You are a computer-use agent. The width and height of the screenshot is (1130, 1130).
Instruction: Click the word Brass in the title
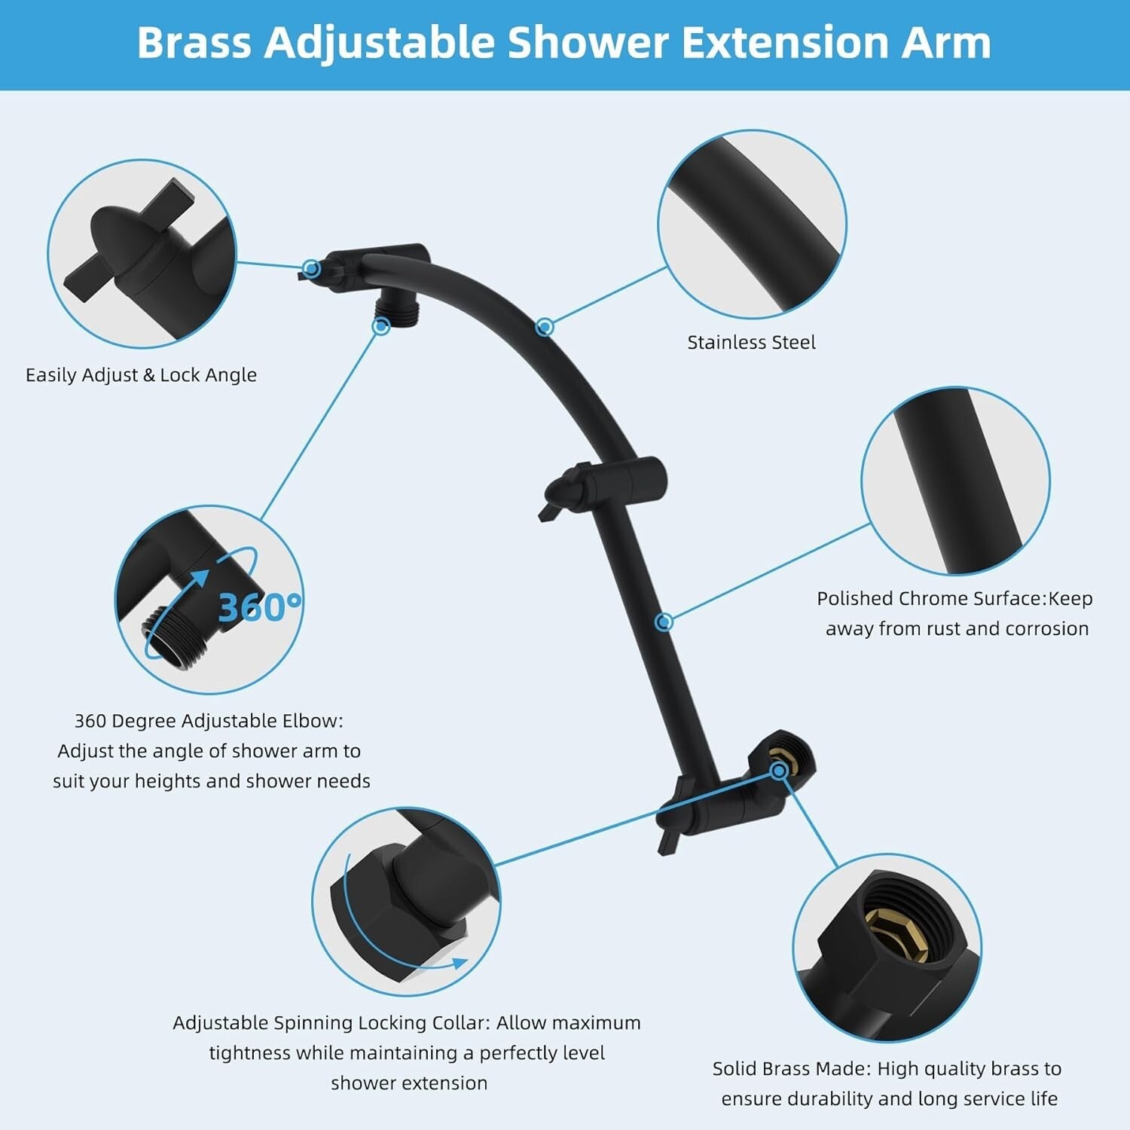pyautogui.click(x=194, y=43)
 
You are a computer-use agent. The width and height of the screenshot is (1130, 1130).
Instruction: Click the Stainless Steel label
pyautogui.click(x=751, y=343)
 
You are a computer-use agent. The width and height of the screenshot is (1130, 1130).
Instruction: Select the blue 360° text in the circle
pyautogui.click(x=259, y=607)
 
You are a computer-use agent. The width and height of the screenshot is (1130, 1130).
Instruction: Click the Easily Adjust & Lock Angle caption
pyautogui.click(x=141, y=375)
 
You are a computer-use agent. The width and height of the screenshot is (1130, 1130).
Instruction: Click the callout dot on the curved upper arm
pyautogui.click(x=545, y=327)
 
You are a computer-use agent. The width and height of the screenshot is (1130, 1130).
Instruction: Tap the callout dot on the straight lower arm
pyautogui.click(x=664, y=621)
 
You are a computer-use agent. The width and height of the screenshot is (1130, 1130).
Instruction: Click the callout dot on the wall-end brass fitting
pyautogui.click(x=779, y=771)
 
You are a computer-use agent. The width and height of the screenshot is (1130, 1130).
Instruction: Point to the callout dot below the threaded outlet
pyautogui.click(x=381, y=326)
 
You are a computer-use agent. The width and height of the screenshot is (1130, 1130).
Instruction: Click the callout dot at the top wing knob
pyautogui.click(x=311, y=268)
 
